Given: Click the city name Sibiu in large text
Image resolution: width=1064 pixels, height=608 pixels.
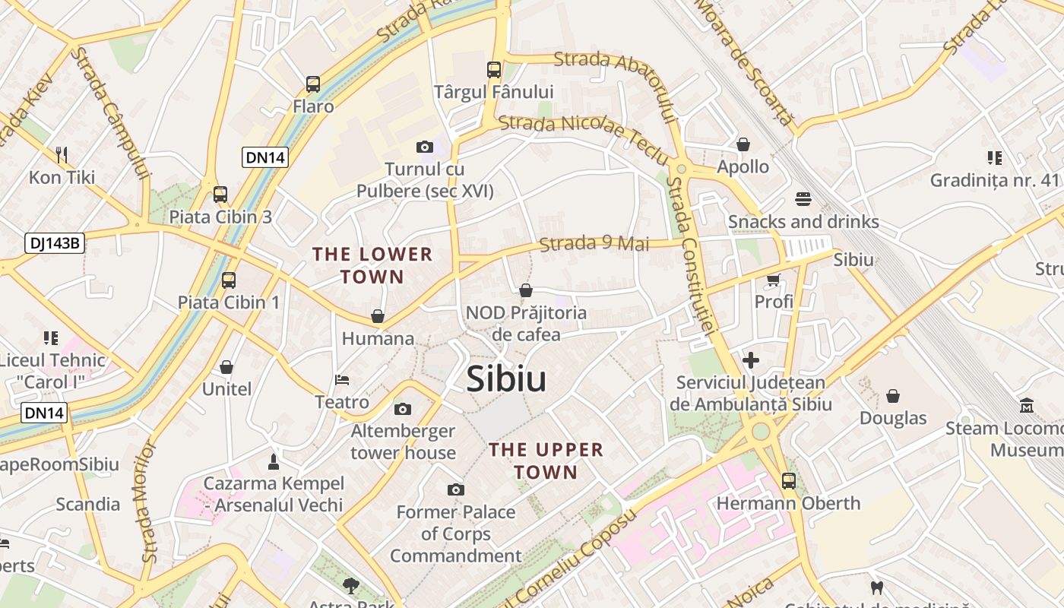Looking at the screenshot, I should pos(505,378).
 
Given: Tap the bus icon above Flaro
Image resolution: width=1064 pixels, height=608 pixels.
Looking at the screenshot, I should pos(313,84).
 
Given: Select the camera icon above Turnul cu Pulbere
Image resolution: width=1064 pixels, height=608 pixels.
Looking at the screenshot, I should pos(424,147).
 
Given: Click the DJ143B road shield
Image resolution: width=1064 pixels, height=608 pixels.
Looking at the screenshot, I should pos(54,243).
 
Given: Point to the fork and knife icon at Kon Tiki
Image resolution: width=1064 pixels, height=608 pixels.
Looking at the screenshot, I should pos(62,155).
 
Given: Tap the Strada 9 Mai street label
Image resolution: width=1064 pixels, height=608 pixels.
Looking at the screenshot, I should pos(594,244).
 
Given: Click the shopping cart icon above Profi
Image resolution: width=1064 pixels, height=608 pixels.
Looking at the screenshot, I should pos(774,280).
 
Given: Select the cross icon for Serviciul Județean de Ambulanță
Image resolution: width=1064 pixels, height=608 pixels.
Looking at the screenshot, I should pos(751,359).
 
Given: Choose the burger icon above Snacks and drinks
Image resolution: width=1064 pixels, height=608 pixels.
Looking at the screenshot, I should pos(803,199).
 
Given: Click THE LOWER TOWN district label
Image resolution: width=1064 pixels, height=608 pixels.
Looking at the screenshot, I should pos(372,265).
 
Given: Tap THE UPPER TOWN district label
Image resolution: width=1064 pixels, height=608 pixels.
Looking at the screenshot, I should pos(546,461).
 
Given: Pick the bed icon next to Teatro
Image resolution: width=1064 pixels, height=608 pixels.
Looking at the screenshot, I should pos(342,379).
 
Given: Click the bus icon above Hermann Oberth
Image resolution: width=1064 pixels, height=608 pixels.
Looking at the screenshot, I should pos(788,480).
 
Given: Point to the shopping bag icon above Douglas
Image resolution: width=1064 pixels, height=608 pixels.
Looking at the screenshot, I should pos(893,396).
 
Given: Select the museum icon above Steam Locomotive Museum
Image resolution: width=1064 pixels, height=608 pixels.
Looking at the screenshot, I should pos(1027,405).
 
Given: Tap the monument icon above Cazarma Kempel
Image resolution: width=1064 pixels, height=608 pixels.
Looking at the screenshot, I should pos(274,461).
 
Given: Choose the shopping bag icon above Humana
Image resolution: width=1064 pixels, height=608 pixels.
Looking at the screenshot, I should pos(378,316).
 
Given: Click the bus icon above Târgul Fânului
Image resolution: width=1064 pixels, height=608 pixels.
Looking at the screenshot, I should pos(494,70).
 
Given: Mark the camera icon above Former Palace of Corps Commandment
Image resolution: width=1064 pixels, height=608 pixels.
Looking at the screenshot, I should pos(455,489).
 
